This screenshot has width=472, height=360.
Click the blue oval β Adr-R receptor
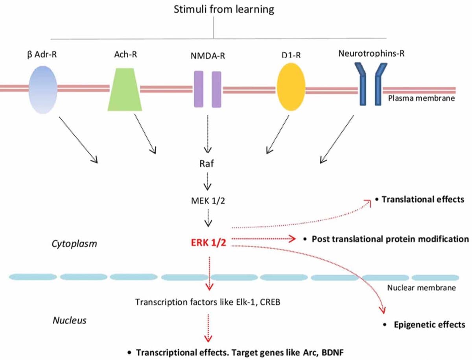pyautogui.click(x=43, y=90)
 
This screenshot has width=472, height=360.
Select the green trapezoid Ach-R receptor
pyautogui.click(x=125, y=89)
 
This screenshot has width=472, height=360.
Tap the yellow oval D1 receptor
pyautogui.click(x=291, y=87)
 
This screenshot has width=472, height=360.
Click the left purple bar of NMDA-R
pyautogui.click(x=199, y=89)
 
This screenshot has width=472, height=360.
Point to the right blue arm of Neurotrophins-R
pyautogui.click(x=380, y=84)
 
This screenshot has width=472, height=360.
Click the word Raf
pyautogui.click(x=206, y=164)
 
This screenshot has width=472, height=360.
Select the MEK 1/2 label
pyautogui.click(x=208, y=201)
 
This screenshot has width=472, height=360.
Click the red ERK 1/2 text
pyautogui.click(x=208, y=243)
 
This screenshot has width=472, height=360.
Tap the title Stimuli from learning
pyautogui.click(x=224, y=9)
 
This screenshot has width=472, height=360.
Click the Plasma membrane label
pyautogui.click(x=421, y=98)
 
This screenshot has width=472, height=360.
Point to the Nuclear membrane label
pyautogui.click(x=422, y=288)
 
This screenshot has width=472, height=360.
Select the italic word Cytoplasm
pyautogui.click(x=74, y=244)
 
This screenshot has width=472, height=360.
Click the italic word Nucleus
pyautogui.click(x=70, y=320)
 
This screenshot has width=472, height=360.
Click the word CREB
pyautogui.click(x=270, y=302)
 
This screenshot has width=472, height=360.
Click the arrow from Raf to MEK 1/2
pyautogui.click(x=207, y=181)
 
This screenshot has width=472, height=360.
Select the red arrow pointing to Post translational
pyautogui.click(x=264, y=239)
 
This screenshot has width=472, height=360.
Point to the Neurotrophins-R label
pyautogui.click(x=371, y=54)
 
